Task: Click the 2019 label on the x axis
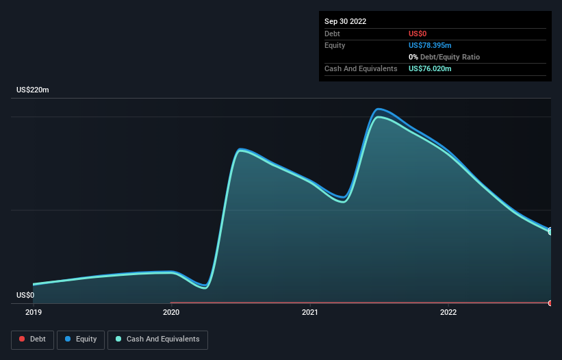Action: pyautogui.click(x=33, y=312)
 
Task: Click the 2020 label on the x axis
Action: pyautogui.click(x=171, y=312)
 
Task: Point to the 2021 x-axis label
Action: pyautogui.click(x=310, y=312)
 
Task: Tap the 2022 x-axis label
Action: pyautogui.click(x=448, y=312)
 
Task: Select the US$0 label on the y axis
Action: pyautogui.click(x=25, y=296)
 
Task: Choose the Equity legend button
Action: pyautogui.click(x=81, y=339)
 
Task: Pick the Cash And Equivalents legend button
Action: pyautogui.click(x=157, y=339)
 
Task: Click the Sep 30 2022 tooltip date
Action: pyautogui.click(x=345, y=21)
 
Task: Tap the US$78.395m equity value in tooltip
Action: pyautogui.click(x=430, y=45)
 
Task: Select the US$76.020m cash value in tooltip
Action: pyautogui.click(x=430, y=68)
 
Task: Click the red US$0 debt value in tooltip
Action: pyautogui.click(x=418, y=34)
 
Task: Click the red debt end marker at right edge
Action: pyautogui.click(x=550, y=303)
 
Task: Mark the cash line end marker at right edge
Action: pyautogui.click(x=550, y=232)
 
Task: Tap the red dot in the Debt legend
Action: pyautogui.click(x=22, y=339)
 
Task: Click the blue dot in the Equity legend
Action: pyautogui.click(x=69, y=339)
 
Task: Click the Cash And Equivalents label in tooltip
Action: pyautogui.click(x=361, y=68)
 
